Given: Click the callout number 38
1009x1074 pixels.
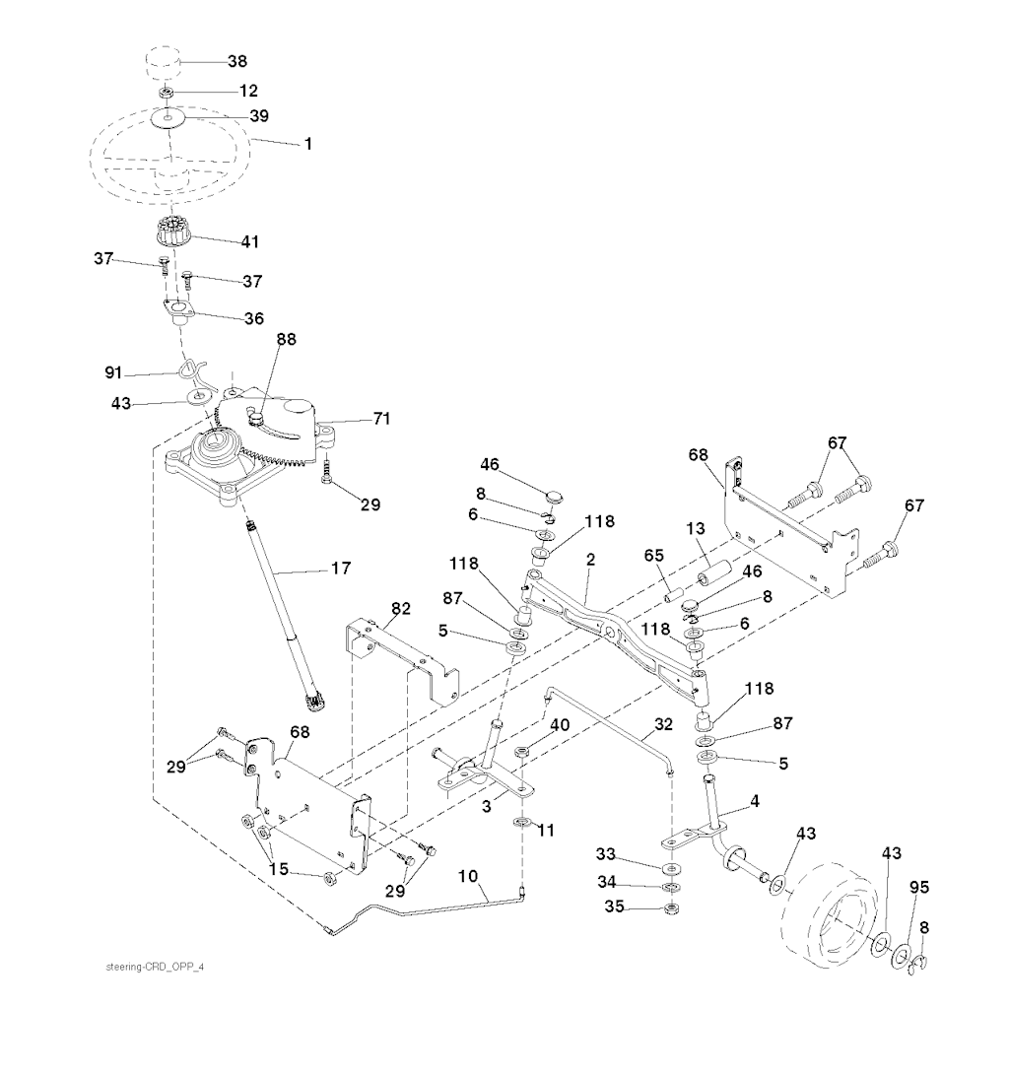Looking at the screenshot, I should pos(237,60).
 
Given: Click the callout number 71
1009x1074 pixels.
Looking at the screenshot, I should pos(381,419).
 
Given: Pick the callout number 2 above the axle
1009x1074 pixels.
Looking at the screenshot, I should pos(590,559).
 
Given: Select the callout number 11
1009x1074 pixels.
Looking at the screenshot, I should pos(546,831).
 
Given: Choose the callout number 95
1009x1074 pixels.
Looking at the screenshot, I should pos(918,888).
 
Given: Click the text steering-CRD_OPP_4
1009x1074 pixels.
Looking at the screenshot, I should pos(155,966).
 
